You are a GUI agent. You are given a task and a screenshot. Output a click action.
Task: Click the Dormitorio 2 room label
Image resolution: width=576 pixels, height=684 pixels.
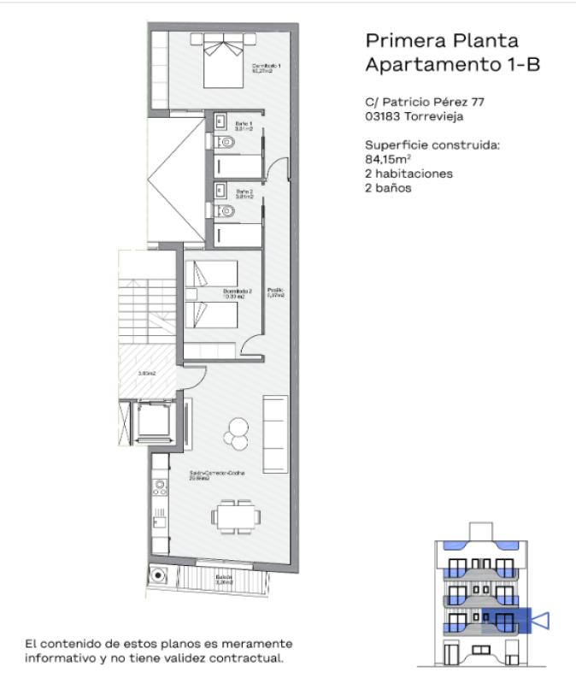[238, 293]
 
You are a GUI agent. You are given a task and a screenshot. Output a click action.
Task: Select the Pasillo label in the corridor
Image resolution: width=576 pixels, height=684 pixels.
[274, 293]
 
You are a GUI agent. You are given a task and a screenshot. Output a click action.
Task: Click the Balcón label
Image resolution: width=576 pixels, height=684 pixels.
[223, 581]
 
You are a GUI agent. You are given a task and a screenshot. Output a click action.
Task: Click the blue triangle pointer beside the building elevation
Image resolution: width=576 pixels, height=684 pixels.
[540, 619]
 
